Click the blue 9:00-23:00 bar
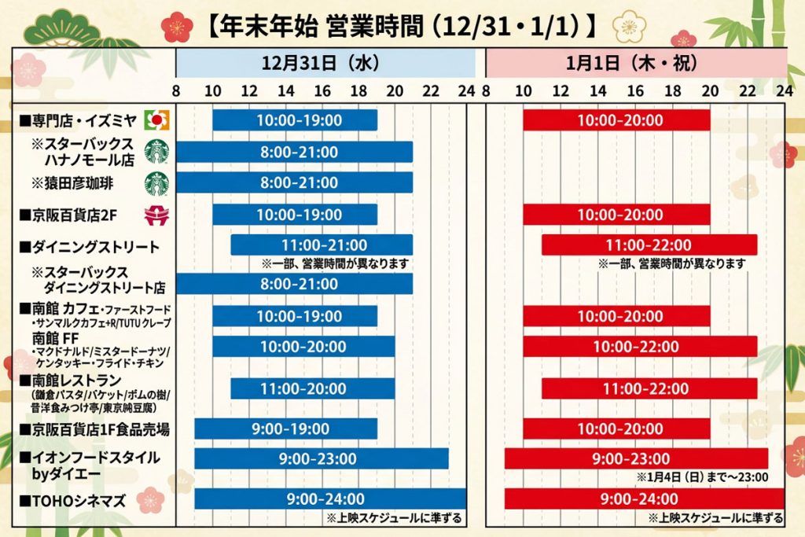click(x=322, y=458)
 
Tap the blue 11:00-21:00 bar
click(x=322, y=245)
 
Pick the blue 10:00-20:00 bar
click(x=303, y=346)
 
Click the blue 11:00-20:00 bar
click(x=312, y=388)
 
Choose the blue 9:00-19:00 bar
click(x=286, y=428)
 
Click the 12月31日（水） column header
click(x=325, y=62)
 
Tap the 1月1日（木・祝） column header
click(x=636, y=62)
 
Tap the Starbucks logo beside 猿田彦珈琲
click(x=156, y=182)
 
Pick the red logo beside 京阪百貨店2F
click(x=156, y=215)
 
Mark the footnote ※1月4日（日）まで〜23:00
click(x=702, y=476)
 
